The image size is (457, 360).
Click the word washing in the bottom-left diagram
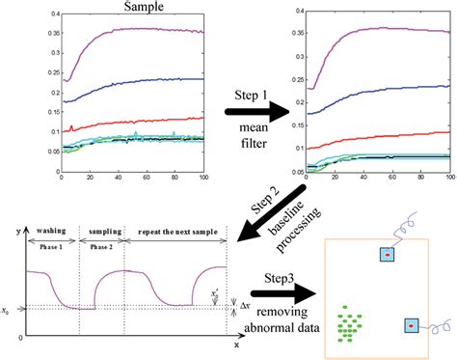tap(52, 233)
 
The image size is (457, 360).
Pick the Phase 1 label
tap(52, 246)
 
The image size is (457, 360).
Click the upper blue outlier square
tap(387, 256)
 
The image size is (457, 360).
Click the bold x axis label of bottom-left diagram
tap(237, 344)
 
